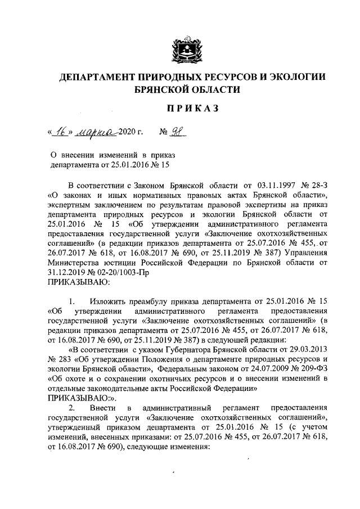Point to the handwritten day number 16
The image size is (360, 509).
pyautogui.click(x=60, y=133)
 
